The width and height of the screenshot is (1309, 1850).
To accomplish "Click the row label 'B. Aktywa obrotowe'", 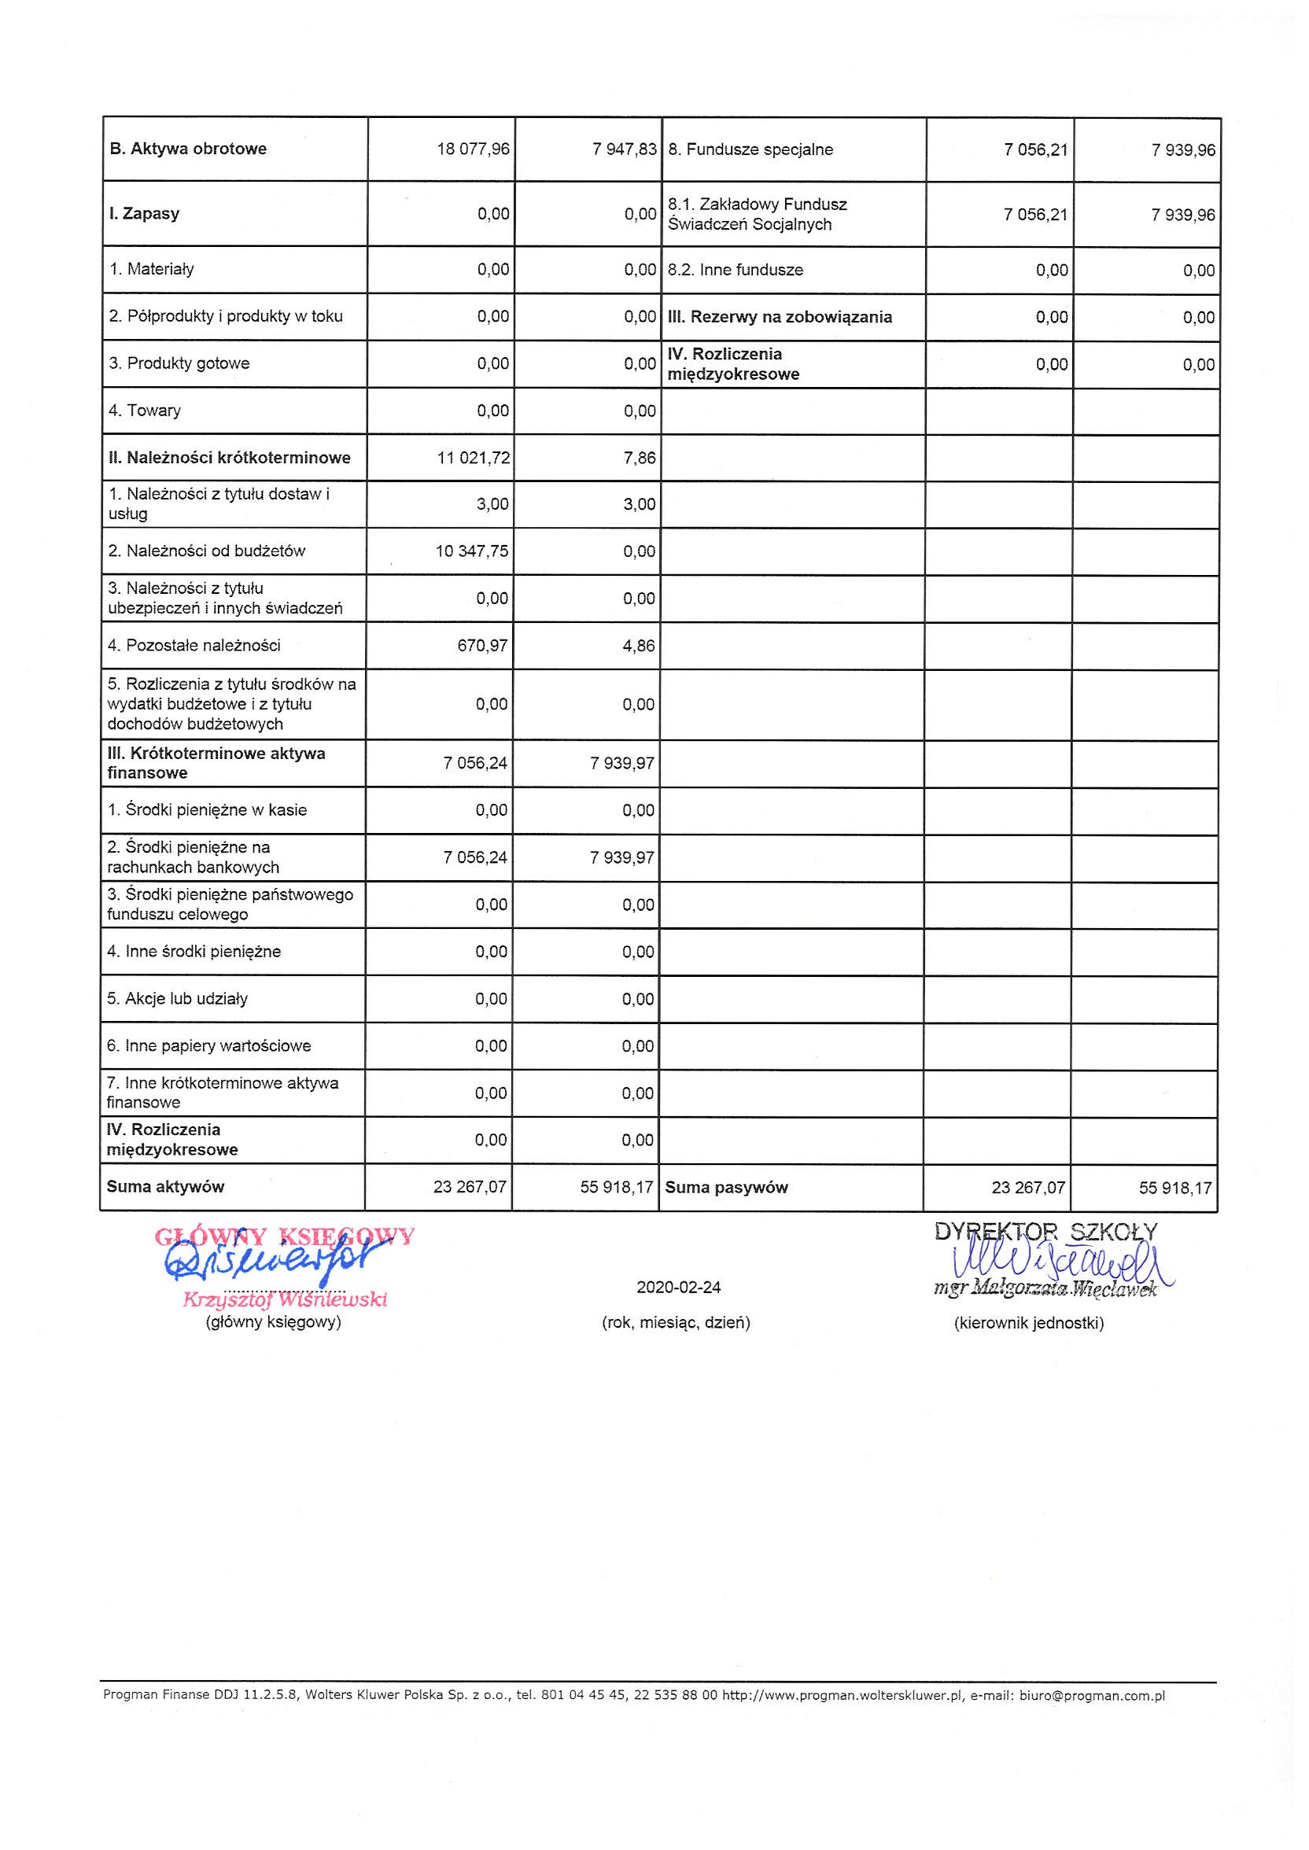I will (188, 149).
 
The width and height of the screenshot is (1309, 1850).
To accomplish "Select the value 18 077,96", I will (473, 149).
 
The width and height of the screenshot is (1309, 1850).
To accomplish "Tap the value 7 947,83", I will (625, 149).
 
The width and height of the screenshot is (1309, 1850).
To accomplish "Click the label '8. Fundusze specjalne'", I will (750, 150).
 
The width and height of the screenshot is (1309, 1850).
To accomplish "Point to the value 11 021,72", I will (473, 459).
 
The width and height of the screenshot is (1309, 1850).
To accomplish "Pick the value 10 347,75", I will (470, 551).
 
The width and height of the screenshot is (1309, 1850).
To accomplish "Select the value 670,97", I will (483, 646).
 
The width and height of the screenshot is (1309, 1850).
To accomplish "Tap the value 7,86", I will (640, 459).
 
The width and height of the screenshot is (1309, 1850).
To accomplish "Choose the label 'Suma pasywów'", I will (726, 1187).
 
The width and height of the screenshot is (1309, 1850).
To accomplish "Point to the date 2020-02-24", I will (679, 1288).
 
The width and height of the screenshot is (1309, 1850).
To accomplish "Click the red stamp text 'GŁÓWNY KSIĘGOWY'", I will (284, 1236).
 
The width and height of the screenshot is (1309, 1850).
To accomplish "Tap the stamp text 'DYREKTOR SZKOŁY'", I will (1046, 1231).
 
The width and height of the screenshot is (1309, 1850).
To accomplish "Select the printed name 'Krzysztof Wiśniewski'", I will (286, 1299).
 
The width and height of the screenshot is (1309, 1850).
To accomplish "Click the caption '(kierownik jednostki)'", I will (1028, 1323).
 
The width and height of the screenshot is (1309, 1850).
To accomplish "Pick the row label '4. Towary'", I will (145, 411).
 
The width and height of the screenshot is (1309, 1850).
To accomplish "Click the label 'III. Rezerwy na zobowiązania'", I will (780, 317).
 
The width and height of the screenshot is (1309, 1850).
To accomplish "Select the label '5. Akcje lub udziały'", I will (177, 999).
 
